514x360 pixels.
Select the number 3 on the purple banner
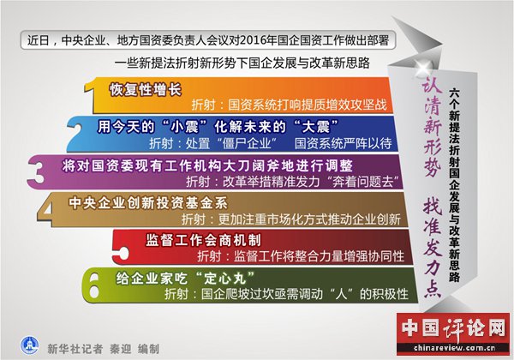pos(36,172)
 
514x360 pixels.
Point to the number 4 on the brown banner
pos(46,209)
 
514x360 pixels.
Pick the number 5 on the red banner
pos(121,249)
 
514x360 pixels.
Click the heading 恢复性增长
pos(146,89)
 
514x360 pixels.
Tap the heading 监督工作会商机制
pos(203,240)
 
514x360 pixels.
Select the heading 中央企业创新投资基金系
pos(148,203)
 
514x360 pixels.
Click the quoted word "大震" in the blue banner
pos(316,127)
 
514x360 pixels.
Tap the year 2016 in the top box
pos(252,40)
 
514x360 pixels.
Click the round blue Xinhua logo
pos(29,345)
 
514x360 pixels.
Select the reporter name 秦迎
pos(120,349)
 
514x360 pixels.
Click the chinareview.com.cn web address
pos(454,348)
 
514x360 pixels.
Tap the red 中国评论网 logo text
pos(454,328)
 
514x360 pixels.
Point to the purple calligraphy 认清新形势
pos(432,128)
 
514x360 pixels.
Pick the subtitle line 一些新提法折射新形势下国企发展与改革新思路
pos(242,63)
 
